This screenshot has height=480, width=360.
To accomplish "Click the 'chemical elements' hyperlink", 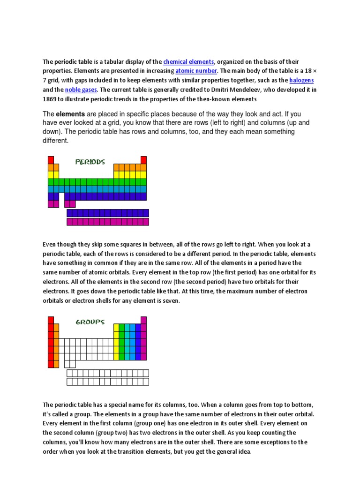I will [x=188, y=62].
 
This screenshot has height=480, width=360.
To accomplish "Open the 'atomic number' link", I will [x=196, y=71].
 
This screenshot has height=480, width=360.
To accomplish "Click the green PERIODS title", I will [x=90, y=162].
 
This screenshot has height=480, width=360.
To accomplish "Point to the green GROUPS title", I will [x=90, y=322].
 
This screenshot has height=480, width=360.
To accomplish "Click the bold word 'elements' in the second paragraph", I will [x=70, y=114].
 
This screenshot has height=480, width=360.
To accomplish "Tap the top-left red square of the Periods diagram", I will [x=51, y=160].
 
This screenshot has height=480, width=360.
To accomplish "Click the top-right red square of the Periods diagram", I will [x=143, y=160].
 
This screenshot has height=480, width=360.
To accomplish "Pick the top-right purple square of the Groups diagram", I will [x=143, y=320].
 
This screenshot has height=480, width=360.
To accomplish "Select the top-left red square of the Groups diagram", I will [x=51, y=320].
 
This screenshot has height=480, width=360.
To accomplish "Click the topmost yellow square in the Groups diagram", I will [x=116, y=327].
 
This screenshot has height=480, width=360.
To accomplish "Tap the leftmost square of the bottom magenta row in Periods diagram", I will [x=70, y=222].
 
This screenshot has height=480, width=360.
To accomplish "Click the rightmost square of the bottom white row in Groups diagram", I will [x=146, y=382].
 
